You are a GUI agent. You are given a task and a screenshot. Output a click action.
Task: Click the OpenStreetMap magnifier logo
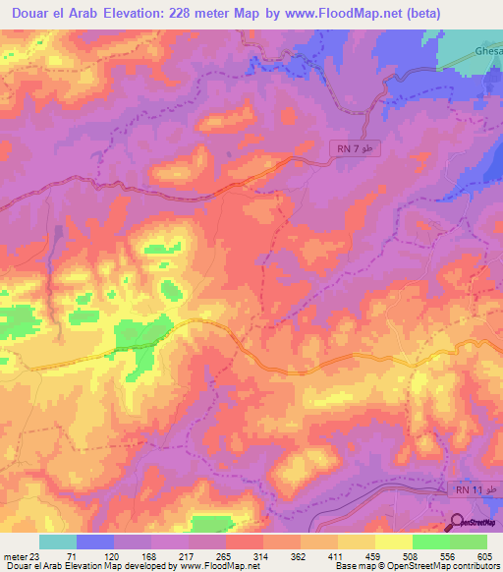459,522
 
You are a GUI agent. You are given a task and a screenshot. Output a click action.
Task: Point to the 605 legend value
486,555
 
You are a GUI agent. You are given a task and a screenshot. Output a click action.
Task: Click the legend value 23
33,555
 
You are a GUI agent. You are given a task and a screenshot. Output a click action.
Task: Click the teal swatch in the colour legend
57,541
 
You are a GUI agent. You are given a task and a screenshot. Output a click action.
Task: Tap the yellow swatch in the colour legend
393,541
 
